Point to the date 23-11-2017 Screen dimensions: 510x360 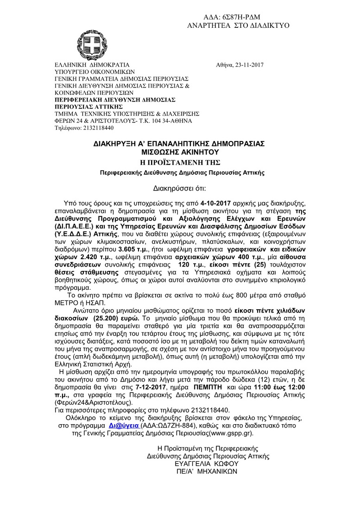pyautogui.click(x=248, y=65)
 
